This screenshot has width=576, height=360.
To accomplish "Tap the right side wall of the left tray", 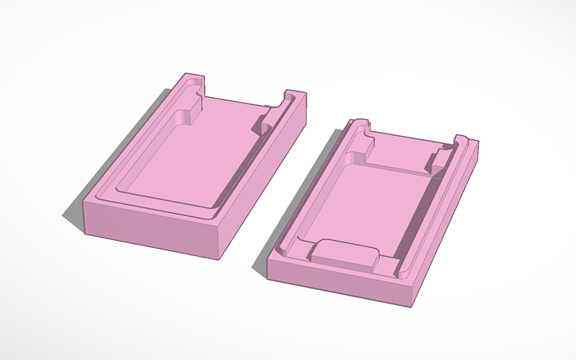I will [x=266, y=175].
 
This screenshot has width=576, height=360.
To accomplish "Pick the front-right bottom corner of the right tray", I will [x=412, y=303].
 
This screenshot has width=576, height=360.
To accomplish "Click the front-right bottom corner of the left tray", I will [x=220, y=256].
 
